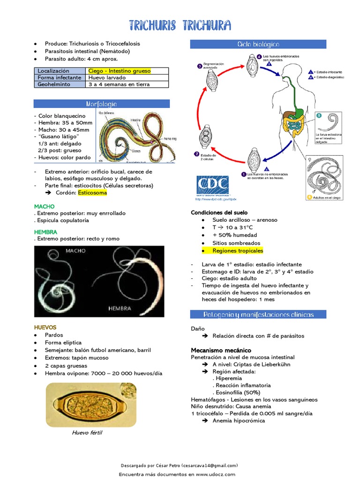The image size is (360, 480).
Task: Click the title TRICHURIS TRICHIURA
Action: (180, 25)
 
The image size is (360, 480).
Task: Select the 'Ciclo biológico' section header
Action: (258, 44)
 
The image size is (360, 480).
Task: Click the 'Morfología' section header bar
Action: (101, 104)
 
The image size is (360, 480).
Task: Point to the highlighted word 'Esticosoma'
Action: (92, 193)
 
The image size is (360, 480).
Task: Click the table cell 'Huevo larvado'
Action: (107, 78)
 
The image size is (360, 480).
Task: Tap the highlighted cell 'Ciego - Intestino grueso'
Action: (120, 71)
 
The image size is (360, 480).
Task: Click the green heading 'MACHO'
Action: (45, 206)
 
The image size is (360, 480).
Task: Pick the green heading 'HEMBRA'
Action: (45, 232)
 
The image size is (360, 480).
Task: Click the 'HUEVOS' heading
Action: (45, 327)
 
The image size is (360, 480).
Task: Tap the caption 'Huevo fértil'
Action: (87, 433)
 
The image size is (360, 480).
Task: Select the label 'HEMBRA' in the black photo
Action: (120, 308)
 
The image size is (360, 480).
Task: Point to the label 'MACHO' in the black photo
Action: (76, 251)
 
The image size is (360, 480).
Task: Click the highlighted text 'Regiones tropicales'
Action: (238, 251)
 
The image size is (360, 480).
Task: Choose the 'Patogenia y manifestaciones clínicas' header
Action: (258, 314)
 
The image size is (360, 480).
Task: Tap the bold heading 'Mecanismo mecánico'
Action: (221, 350)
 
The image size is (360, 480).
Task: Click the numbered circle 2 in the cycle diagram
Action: (196, 154)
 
